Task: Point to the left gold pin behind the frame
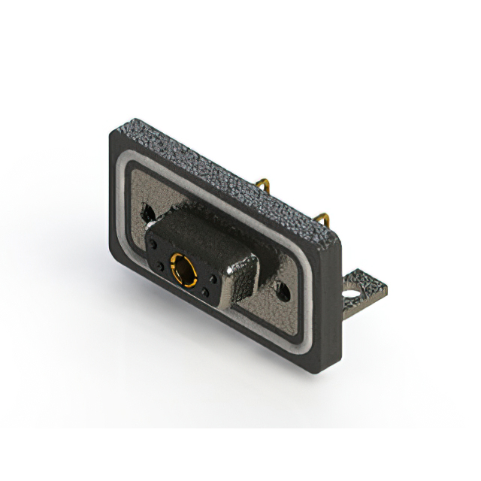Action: tap(262, 185)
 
